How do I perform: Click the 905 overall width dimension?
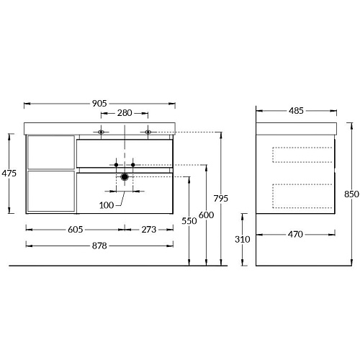point(99,104)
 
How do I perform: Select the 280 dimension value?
point(125,113)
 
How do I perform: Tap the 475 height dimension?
point(9,173)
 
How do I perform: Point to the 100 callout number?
point(107,205)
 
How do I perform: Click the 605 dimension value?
point(76,230)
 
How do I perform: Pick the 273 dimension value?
point(149,230)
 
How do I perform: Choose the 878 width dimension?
point(99,246)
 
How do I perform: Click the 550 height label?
point(189,221)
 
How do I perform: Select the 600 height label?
point(206,215)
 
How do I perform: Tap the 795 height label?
point(221,199)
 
